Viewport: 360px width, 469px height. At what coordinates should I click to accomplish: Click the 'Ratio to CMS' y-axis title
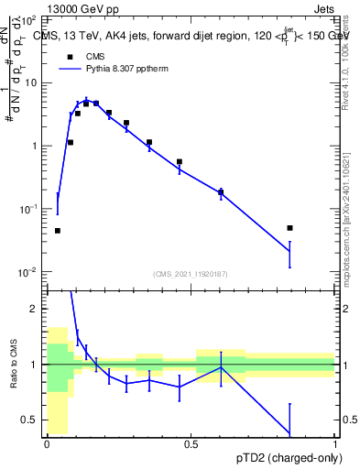pyautogui.click(x=13, y=376)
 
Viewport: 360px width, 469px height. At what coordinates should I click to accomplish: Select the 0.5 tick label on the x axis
pyautogui.click(x=191, y=443)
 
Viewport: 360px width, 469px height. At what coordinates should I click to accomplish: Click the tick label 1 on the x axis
pyautogui.click(x=334, y=443)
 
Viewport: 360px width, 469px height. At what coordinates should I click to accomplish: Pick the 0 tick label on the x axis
pyautogui.click(x=47, y=443)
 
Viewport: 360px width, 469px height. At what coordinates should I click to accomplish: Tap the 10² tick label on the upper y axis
pyautogui.click(x=29, y=19)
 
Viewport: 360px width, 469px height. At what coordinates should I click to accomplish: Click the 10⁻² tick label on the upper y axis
pyautogui.click(x=29, y=272)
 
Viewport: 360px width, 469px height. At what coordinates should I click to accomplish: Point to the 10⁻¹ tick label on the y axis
pyautogui.click(x=29, y=209)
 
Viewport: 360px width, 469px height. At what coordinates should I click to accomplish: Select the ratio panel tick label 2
pyautogui.click(x=35, y=309)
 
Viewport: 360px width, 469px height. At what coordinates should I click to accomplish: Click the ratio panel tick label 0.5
pyautogui.click(x=31, y=420)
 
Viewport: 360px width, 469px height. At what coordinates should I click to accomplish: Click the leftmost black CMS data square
pyautogui.click(x=58, y=231)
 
